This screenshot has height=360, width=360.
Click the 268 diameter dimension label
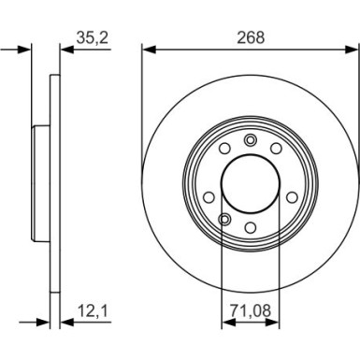[251, 37]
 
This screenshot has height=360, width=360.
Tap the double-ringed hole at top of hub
[250, 140]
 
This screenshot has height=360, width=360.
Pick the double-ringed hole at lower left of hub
[223, 220]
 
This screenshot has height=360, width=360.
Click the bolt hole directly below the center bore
[250, 228]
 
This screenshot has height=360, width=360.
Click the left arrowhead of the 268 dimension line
[147, 48]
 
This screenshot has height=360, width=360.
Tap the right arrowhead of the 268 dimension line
[354, 48]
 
